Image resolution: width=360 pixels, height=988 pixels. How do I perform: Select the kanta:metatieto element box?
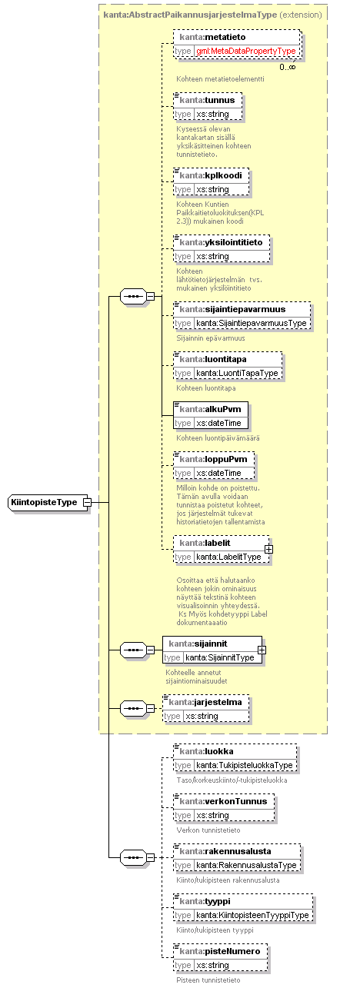pos(238,44)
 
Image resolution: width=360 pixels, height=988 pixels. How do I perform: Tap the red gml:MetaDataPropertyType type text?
pos(246,51)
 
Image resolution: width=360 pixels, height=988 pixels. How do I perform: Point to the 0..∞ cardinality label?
pos(287,67)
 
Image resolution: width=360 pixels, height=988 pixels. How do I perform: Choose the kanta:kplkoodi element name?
pos(211,175)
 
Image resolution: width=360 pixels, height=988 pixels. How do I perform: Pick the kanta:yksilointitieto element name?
pos(221,243)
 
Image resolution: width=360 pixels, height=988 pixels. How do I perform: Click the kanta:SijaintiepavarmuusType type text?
pos(252,323)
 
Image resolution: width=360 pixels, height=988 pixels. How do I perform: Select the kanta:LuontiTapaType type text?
pos(238,373)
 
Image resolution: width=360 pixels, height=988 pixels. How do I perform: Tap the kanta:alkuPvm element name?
pos(211,409)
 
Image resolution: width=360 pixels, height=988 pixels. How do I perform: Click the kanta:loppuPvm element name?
pos(214,459)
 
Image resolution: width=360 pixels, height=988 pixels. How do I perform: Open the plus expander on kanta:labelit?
pos(268,550)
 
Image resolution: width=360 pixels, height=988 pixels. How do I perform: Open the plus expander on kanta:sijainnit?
pos(262,650)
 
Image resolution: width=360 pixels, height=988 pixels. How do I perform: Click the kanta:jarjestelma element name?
pos(205,702)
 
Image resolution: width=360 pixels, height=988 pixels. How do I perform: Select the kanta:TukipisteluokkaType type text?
pos(245,765)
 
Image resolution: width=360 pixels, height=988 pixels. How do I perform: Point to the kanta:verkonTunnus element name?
pos(223,801)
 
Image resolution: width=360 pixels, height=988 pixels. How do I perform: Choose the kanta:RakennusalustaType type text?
pos(246,866)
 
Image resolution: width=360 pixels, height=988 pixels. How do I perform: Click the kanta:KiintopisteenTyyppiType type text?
pos(252,915)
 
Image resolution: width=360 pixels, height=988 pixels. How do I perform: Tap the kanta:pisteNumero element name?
pos(220,951)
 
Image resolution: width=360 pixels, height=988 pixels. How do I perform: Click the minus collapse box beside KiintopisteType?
pos(88,502)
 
